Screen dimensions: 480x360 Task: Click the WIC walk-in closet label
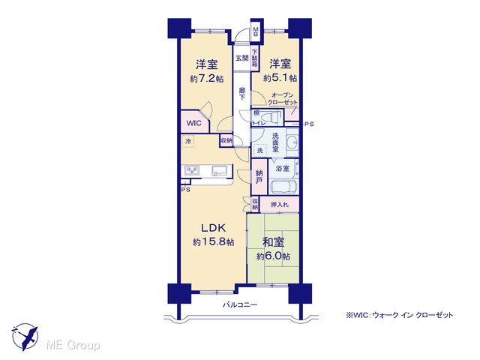point(194,123)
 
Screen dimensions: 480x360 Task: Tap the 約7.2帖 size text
point(207,79)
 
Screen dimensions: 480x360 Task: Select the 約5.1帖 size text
point(280,78)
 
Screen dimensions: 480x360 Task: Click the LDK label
point(213,228)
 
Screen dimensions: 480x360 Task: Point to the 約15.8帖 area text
point(214,241)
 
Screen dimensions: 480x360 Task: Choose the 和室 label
point(273,241)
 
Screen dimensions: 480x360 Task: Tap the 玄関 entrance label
point(241,58)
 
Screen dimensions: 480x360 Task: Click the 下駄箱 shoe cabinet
point(255,58)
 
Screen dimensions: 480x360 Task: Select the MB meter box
point(255,31)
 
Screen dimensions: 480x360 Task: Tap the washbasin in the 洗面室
point(293,142)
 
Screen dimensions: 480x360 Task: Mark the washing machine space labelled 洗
point(260,150)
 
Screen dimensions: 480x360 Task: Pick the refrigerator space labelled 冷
point(188,142)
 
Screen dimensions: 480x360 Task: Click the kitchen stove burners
point(192,170)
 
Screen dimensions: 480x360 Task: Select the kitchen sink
point(219,170)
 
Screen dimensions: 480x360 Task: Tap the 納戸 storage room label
point(259,177)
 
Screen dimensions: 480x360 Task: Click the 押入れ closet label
point(280,205)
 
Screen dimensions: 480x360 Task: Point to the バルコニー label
point(240,305)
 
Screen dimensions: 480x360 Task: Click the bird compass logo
point(25,337)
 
